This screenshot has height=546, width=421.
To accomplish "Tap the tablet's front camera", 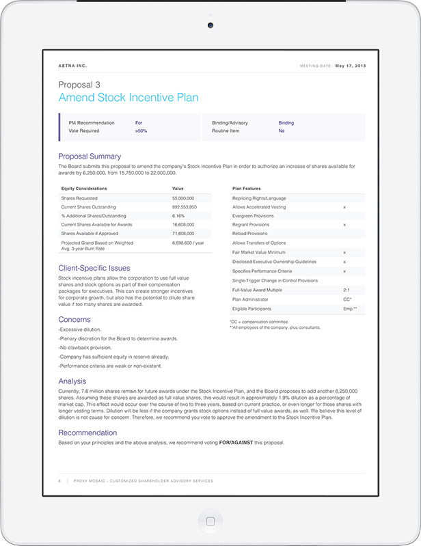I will pyautogui.click(x=210, y=25).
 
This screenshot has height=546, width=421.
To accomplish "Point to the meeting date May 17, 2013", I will pyautogui.click(x=351, y=66).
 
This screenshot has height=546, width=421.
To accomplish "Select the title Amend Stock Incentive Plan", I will pyautogui.click(x=128, y=98).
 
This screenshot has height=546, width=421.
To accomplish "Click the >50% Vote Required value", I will pyautogui.click(x=141, y=130).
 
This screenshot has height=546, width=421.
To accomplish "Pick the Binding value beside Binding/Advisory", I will pyautogui.click(x=286, y=123).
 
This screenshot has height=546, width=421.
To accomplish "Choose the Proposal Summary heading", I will pyautogui.click(x=90, y=156).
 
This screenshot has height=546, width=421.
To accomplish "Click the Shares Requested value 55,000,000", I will pyautogui.click(x=184, y=197).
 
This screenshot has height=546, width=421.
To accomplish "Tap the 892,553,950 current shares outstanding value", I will pyautogui.click(x=185, y=206).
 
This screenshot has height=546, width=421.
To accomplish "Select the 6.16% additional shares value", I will pyautogui.click(x=178, y=215).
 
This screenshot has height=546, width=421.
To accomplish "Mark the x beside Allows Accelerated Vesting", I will pyautogui.click(x=344, y=206).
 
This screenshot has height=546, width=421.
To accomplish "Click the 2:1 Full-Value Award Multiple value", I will pyautogui.click(x=347, y=290).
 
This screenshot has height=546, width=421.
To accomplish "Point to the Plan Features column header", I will pyautogui.click(x=247, y=188).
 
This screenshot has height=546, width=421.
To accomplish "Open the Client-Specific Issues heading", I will pyautogui.click(x=94, y=268).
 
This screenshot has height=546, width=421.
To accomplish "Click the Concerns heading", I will pyautogui.click(x=74, y=319).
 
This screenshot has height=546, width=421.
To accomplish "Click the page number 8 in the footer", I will pyautogui.click(x=59, y=481).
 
